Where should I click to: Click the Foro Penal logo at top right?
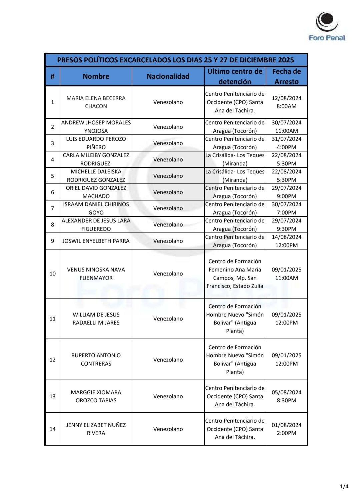tap(327, 27)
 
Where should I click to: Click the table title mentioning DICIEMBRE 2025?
tap(176, 60)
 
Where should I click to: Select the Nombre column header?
tap(96, 76)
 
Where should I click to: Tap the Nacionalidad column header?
tap(168, 76)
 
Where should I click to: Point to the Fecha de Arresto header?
tap(286, 76)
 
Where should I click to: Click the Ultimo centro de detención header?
tap(235, 76)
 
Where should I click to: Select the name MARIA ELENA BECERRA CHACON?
tap(96, 102)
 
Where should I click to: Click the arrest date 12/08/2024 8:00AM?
tap(286, 102)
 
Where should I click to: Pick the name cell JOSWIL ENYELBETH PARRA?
tap(96, 241)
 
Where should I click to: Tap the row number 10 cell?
tap(52, 274)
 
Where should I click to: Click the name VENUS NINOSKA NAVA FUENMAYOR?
tap(96, 274)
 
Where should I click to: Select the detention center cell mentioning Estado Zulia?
tap(235, 274)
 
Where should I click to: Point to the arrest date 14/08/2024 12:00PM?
tap(286, 241)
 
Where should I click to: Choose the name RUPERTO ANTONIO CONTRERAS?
tap(96, 360)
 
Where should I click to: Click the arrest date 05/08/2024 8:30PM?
tap(286, 396)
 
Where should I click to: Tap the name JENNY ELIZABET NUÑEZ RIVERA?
tap(96, 429)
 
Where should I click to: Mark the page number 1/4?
tap(344, 486)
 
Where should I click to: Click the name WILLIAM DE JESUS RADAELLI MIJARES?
tap(96, 319)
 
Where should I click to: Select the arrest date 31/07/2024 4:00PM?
tap(286, 143)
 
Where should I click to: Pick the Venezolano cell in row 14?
tap(168, 429)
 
